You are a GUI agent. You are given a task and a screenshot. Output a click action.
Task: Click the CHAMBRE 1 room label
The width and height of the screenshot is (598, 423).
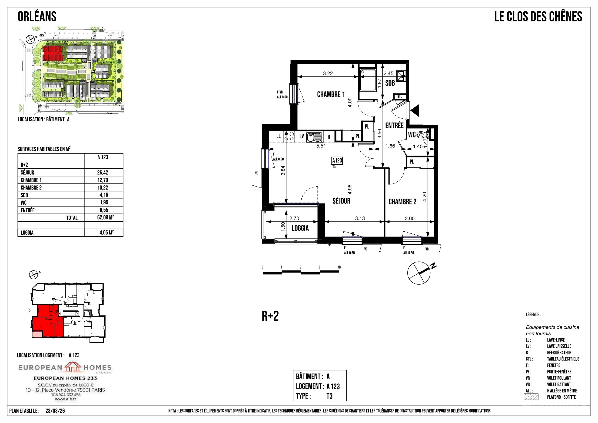pos(331,94)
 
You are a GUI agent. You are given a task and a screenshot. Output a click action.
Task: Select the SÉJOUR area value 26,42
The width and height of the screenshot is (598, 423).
pos(103,172)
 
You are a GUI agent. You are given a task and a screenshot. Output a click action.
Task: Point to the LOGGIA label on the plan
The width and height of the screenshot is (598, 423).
pos(300,228)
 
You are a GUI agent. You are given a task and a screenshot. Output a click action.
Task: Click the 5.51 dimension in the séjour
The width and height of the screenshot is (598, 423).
pos(321,146)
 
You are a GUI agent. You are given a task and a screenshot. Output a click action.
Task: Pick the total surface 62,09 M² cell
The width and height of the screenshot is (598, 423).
pos(106,217)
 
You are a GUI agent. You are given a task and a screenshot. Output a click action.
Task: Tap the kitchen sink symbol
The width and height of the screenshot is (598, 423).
pos(314,137)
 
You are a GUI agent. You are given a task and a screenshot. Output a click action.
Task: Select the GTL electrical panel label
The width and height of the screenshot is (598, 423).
pos(399,97)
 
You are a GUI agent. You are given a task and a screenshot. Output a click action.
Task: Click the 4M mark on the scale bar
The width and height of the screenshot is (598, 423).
pos(339,267)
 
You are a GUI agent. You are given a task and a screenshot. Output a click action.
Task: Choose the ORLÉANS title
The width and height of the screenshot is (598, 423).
pos(37,17)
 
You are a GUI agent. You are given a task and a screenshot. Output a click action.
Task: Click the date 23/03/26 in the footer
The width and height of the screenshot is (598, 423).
pos(55,411)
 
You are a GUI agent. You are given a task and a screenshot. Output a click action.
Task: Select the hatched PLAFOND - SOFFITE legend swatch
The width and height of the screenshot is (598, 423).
pos(531,397)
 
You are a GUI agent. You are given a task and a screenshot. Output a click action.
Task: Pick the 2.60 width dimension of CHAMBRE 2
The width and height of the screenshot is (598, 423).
pos(409,218)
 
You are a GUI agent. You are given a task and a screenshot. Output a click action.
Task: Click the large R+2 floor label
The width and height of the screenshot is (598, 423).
pos(270,316)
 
